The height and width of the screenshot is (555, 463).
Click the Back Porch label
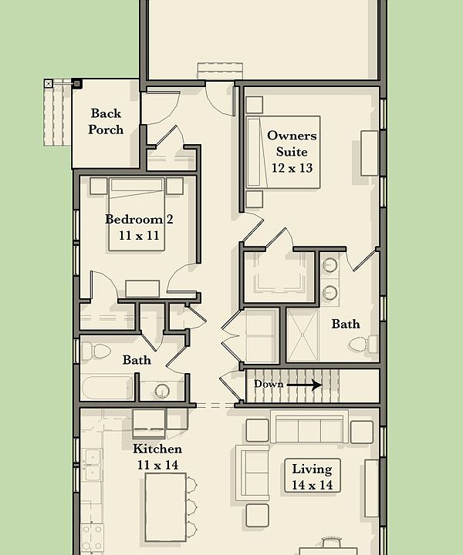[106, 122]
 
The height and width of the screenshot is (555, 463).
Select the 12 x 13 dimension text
[292, 167]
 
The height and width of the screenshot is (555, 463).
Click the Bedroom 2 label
[139, 219]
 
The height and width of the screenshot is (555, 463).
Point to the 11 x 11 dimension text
[139, 236]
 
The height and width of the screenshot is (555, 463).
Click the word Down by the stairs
[269, 384]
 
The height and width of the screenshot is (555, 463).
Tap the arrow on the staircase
[306, 384]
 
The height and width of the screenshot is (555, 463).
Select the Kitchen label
[157, 449]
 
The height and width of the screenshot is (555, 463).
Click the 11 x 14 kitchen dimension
[157, 465]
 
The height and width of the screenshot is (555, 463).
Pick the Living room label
[312, 469]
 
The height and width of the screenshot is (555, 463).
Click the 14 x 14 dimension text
[312, 486]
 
